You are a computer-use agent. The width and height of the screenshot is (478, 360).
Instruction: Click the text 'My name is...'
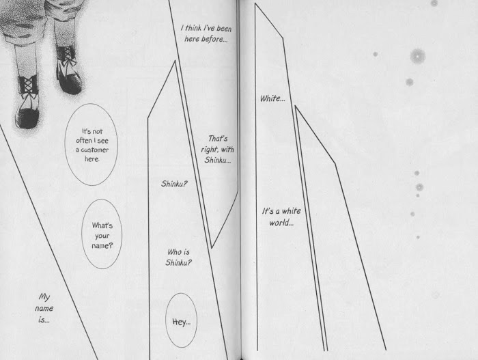pyautogui.click(x=44, y=308)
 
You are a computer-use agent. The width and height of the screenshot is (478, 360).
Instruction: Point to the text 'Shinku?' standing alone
pyautogui.click(x=174, y=184)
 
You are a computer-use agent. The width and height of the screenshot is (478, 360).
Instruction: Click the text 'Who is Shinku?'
pyautogui.click(x=178, y=257)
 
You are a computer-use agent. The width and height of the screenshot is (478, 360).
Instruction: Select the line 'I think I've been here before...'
pyautogui.click(x=206, y=33)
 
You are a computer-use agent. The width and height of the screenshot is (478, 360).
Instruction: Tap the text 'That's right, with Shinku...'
pyautogui.click(x=217, y=150)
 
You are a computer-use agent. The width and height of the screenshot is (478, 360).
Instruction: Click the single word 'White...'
pyautogui.click(x=272, y=98)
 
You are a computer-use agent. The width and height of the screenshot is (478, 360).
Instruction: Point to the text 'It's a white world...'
pyautogui.click(x=281, y=217)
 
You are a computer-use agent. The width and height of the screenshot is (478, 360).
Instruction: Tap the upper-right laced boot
pyautogui.click(x=68, y=70)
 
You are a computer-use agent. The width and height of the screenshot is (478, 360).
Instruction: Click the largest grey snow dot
pyautogui.click(x=418, y=56)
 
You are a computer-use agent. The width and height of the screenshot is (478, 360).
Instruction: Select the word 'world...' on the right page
pyautogui.click(x=281, y=223)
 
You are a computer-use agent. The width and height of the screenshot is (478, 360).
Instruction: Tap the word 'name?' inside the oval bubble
pyautogui.click(x=102, y=246)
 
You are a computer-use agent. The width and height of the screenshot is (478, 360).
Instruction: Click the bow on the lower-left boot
pyautogui.click(x=28, y=94)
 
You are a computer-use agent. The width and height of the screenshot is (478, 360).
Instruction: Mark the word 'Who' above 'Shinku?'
pyautogui.click(x=174, y=252)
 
